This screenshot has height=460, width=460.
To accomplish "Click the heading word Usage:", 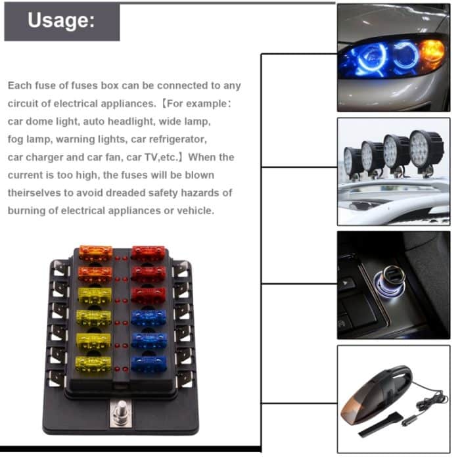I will click(x=62, y=20).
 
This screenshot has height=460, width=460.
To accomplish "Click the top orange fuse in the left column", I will click(x=95, y=253).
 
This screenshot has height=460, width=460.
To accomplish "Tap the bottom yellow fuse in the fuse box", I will click(x=94, y=363).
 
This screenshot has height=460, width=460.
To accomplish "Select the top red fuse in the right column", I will click(x=148, y=253).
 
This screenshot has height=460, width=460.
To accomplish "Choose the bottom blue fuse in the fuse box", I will click(x=149, y=363).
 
